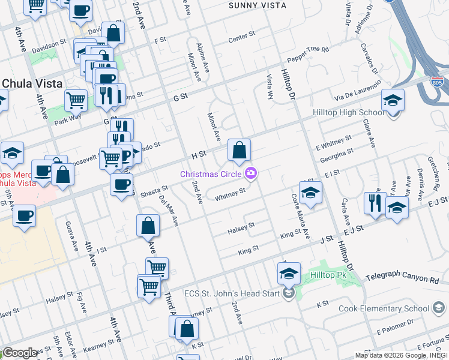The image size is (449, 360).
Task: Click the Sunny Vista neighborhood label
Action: coord(258,5)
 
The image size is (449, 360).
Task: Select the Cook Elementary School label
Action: coord(392,308)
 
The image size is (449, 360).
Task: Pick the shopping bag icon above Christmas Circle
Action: coord(239,151)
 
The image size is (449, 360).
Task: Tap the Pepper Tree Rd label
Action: coord(309,53)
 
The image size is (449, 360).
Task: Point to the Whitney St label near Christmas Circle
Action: coord(231,193)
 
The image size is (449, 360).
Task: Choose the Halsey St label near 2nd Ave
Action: coord(241,227)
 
